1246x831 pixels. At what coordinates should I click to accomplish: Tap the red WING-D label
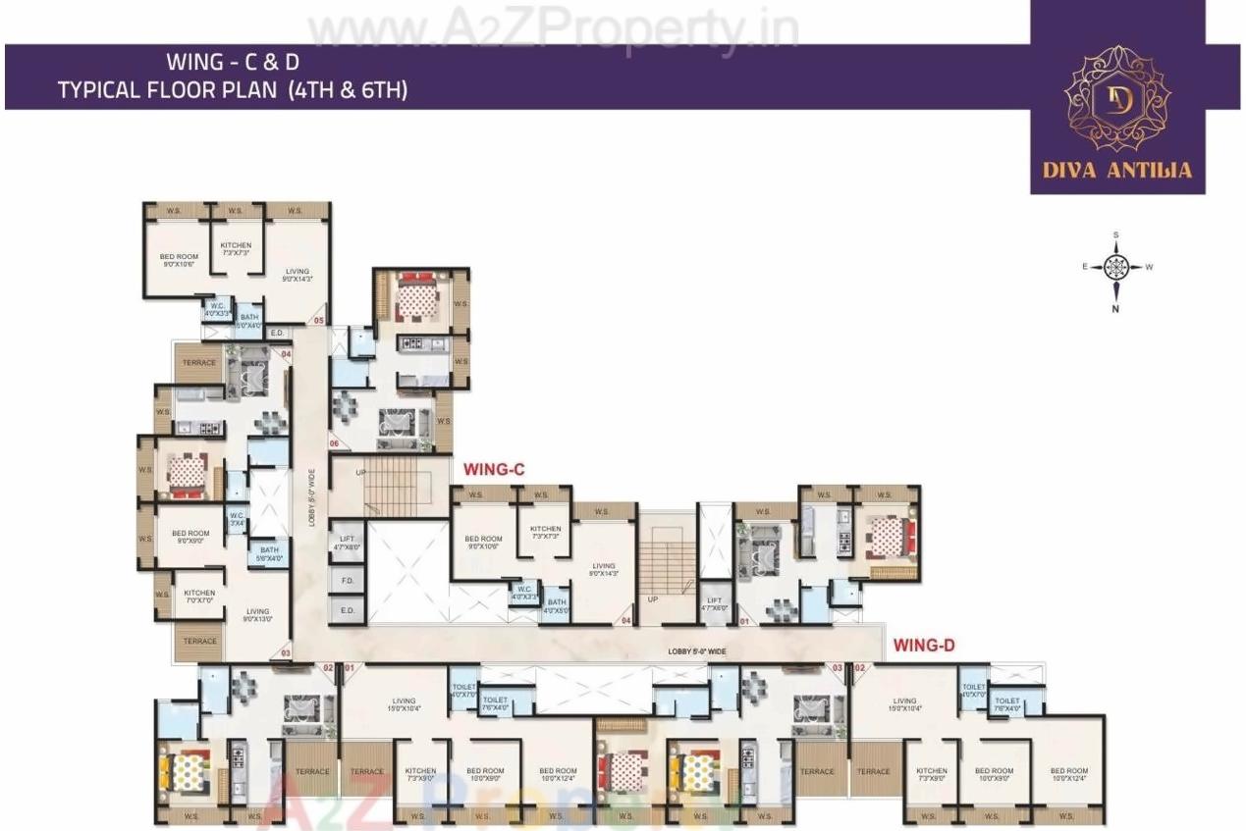pyautogui.click(x=924, y=645)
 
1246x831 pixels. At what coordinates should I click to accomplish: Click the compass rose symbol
pyautogui.click(x=1115, y=266)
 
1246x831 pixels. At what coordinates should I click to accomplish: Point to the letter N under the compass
pyautogui.click(x=1116, y=308)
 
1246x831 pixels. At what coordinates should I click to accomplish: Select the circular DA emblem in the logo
pyautogui.click(x=1117, y=98)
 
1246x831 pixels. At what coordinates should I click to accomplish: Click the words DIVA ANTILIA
pyautogui.click(x=1117, y=170)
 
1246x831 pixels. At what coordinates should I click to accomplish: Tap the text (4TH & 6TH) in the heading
pyautogui.click(x=349, y=91)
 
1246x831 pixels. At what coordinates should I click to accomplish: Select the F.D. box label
pyautogui.click(x=348, y=580)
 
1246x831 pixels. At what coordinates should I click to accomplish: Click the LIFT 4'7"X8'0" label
pyautogui.click(x=347, y=544)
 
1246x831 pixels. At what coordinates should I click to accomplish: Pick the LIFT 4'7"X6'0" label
pyautogui.click(x=714, y=603)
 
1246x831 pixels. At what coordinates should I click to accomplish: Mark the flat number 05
pyautogui.click(x=318, y=320)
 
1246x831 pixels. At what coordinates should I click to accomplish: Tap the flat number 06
pyautogui.click(x=334, y=444)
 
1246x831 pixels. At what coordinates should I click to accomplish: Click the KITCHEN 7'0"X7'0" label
pyautogui.click(x=199, y=597)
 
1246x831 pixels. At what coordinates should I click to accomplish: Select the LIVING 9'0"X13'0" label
pyautogui.click(x=258, y=614)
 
